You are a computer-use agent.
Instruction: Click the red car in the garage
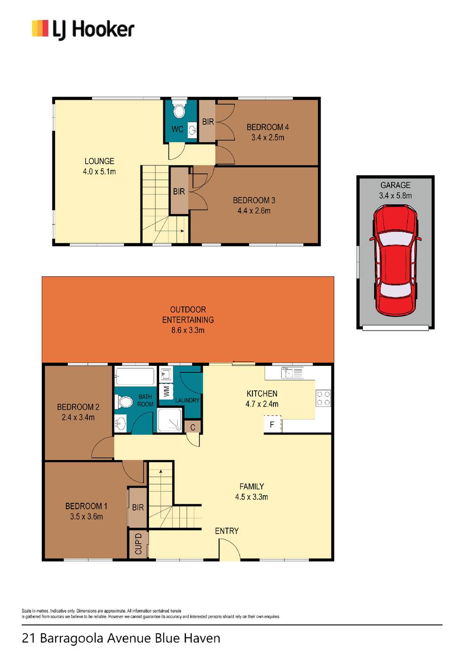(x=395, y=261)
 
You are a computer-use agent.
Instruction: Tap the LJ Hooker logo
(x=83, y=30)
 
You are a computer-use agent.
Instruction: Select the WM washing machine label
(x=166, y=392)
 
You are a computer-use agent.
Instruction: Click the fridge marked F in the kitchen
(x=272, y=424)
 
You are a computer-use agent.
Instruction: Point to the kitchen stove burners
(x=323, y=398)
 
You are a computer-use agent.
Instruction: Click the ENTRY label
(x=226, y=531)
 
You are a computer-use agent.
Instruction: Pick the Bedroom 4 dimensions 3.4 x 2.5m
(x=268, y=137)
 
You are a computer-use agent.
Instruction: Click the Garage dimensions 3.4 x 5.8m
(x=395, y=195)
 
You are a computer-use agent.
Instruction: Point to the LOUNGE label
(x=99, y=161)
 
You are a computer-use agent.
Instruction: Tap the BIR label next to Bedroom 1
(x=138, y=507)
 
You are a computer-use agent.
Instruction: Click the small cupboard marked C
(x=193, y=427)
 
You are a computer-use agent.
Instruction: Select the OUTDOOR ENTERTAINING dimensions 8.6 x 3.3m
(x=188, y=330)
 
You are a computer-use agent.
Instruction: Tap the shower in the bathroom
(x=169, y=420)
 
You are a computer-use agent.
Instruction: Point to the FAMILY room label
(x=251, y=486)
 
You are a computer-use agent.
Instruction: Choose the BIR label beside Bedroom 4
(x=208, y=121)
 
